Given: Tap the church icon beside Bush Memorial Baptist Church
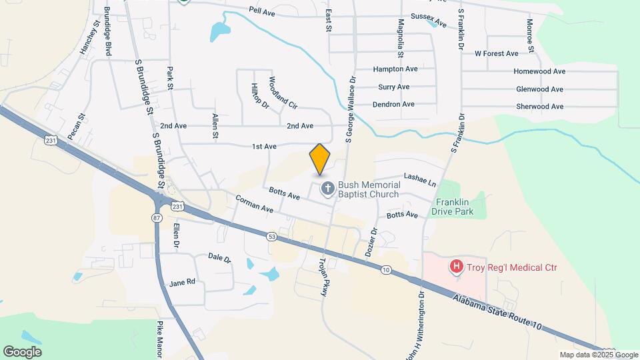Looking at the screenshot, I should point(327,189).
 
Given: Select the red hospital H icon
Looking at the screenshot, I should point(457,267).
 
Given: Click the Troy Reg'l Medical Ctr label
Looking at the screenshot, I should point(511,268).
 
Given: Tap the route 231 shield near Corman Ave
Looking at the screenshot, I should point(177,207).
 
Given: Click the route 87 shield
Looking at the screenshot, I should point(157,218).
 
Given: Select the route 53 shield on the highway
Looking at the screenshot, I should point(271,236).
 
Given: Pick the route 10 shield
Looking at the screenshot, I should point(386,269).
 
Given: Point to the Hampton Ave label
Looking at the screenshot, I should point(395,69).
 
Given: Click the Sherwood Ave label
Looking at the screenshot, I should point(540,107).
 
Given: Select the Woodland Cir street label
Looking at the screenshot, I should point(283,93).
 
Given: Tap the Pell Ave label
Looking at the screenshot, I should point(262,11).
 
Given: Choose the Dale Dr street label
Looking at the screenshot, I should point(219,257).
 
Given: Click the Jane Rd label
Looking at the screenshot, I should point(182,282).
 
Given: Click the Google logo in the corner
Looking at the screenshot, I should point(22,351).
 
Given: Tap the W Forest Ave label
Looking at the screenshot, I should point(496,53).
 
